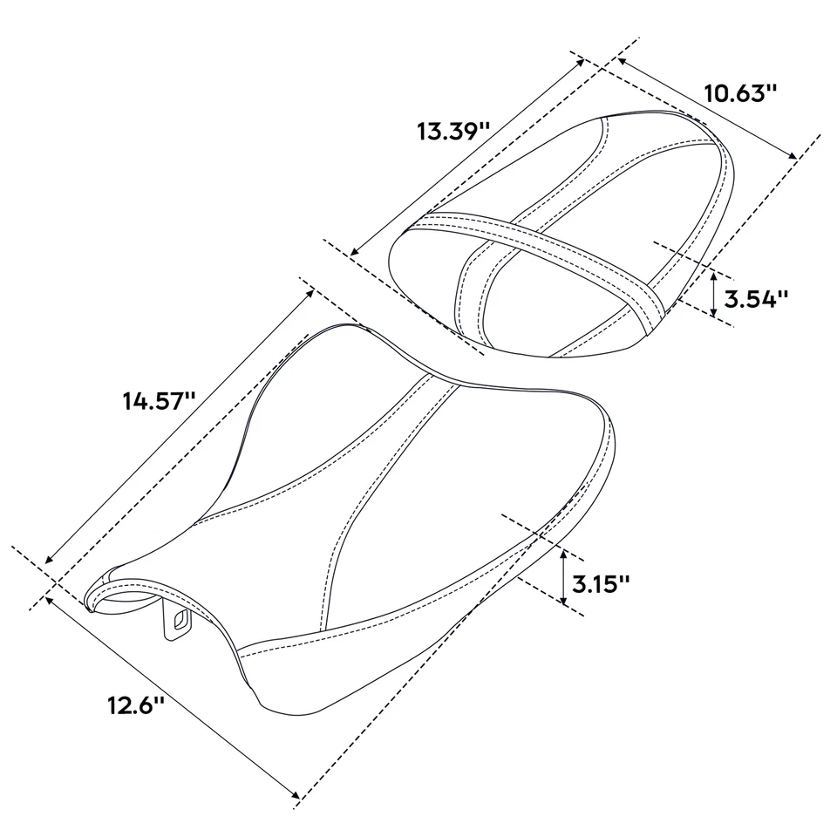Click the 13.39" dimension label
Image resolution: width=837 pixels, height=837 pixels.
tap(453, 133)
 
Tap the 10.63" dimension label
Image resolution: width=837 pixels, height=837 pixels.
tap(740, 93)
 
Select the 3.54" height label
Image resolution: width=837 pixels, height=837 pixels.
tap(756, 299)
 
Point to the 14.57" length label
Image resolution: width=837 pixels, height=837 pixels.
tap(158, 402)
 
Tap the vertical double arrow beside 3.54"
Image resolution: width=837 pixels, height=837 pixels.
tap(714, 294)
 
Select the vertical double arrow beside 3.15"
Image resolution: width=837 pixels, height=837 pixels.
tap(564, 578)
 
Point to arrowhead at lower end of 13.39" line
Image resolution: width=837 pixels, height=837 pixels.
tap(352, 254)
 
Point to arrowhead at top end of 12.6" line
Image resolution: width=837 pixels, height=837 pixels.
tap(48, 596)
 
